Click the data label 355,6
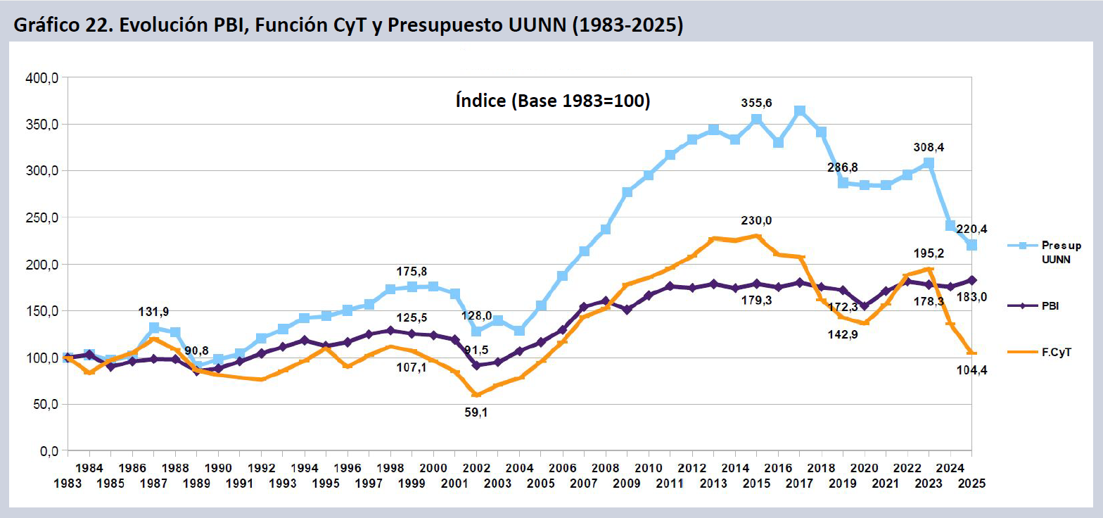point(756,103)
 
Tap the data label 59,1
point(476,412)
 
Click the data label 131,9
point(153,312)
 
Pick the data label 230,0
point(756,220)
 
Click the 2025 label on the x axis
point(972,484)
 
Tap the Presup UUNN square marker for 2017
point(800,111)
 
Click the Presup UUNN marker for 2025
point(971,245)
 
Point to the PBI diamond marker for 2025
point(971,280)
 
